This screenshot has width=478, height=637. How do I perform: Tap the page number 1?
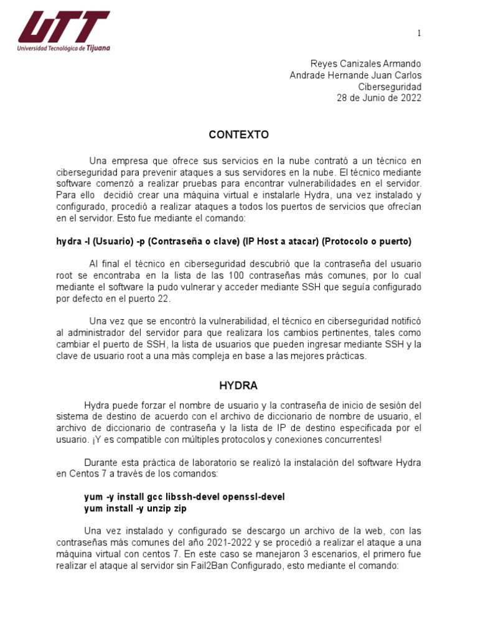[x=419, y=33]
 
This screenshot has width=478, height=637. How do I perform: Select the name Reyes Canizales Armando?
[x=365, y=64]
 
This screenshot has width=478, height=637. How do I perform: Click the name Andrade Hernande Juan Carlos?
[x=355, y=75]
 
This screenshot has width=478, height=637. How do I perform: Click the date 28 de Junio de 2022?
[x=378, y=98]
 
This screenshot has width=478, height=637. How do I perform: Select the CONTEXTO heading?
[x=238, y=134]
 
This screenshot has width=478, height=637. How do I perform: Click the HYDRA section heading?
[x=238, y=386]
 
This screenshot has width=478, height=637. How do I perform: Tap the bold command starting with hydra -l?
[x=233, y=241]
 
